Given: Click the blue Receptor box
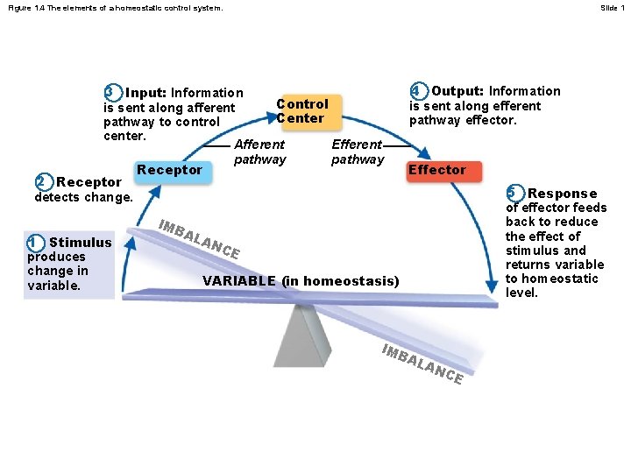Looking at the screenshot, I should point(170,170).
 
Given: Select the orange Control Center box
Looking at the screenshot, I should point(301,111).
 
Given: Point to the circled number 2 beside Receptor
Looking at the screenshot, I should point(40,182).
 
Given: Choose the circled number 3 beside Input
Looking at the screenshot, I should point(110,93).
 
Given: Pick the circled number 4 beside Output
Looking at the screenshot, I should point(418,91).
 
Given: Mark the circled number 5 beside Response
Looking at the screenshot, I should point(514,193).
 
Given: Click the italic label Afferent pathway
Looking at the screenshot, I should point(260,152).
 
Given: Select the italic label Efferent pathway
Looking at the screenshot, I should point(358,152).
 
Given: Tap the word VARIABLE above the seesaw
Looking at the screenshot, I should point(239,281).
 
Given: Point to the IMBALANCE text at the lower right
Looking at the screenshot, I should point(422,364).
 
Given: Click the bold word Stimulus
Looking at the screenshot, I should point(81,243).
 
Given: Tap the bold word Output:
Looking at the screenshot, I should point(458,91).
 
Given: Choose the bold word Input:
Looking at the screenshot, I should point(146,93).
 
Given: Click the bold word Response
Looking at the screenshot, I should point(563,194).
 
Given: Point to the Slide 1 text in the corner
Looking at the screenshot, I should point(611,8).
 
